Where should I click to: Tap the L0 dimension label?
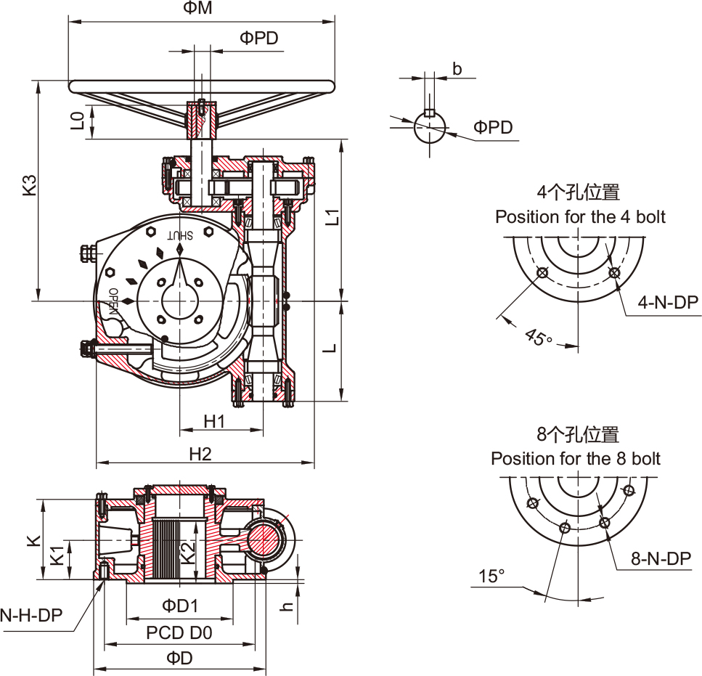tap(78, 120)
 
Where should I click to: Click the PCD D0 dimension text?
tap(179, 632)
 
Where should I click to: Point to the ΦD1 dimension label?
tap(179, 606)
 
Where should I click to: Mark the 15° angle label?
tap(491, 577)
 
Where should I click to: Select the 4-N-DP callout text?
tap(668, 302)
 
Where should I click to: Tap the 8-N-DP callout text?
tap(661, 558)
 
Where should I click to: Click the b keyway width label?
tap(457, 69)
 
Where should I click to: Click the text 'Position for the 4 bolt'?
tap(580, 216)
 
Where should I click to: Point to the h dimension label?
tap(288, 606)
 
